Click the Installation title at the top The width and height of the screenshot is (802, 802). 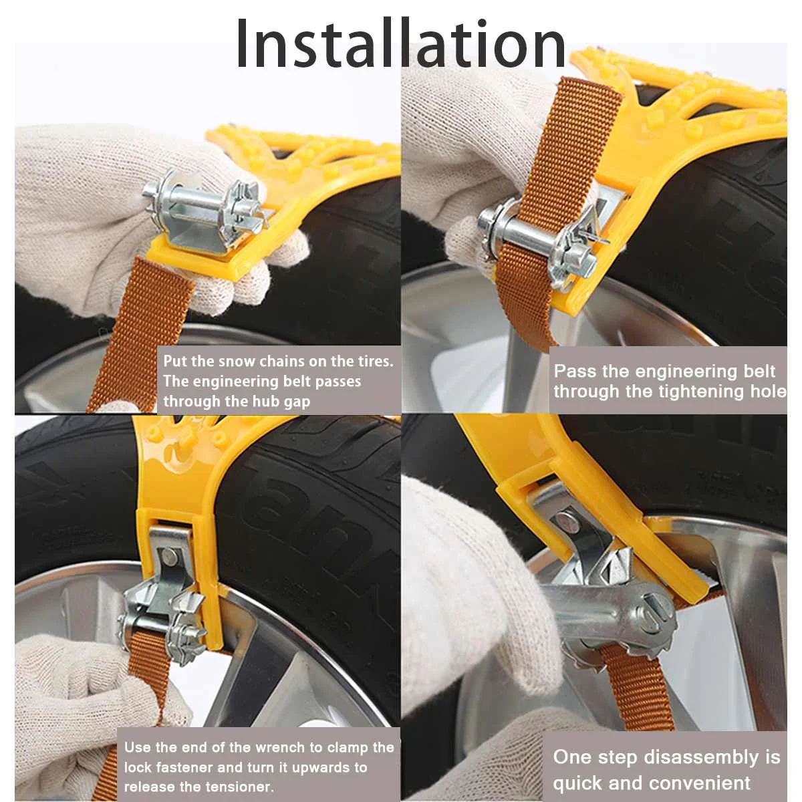tap(401, 44)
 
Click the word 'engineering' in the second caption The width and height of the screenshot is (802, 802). tap(682, 372)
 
